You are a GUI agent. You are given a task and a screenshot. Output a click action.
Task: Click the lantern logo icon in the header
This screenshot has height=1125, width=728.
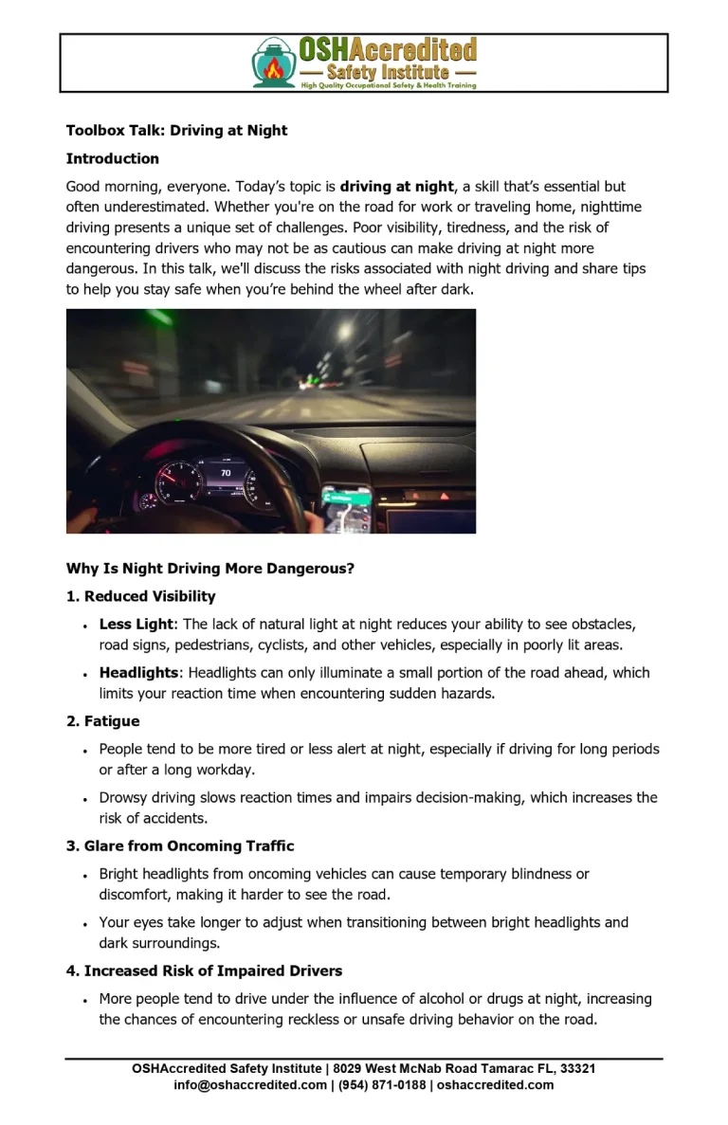tap(274, 63)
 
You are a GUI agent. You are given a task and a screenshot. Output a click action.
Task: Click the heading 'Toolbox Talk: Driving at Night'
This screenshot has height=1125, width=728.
tap(176, 130)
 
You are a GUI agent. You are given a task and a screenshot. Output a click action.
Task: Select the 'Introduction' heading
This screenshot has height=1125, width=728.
tap(113, 158)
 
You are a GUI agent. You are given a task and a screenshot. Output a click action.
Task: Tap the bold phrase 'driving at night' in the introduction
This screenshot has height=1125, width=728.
tap(397, 187)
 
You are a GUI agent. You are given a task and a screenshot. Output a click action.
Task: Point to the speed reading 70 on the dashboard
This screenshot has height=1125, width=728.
tap(225, 472)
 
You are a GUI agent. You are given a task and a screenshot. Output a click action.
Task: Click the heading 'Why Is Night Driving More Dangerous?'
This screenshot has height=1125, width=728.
tap(209, 569)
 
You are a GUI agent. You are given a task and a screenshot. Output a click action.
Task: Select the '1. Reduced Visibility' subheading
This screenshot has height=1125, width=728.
tap(140, 596)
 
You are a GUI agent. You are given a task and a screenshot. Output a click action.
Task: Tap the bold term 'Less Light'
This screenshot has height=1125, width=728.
tap(136, 625)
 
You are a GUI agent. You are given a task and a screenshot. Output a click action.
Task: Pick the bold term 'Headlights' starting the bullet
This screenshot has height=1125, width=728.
tap(138, 673)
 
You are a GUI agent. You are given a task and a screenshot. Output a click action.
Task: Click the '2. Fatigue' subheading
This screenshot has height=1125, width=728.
tap(102, 721)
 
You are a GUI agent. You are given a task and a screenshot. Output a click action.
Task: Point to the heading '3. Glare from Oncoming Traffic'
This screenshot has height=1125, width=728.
tap(180, 846)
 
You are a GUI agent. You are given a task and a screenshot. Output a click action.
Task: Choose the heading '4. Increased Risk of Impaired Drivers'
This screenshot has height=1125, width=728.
tap(204, 971)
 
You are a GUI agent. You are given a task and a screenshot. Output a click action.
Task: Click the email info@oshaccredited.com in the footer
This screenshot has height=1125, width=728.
tap(250, 1085)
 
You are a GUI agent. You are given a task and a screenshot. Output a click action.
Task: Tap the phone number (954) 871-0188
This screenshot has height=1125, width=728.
tap(381, 1085)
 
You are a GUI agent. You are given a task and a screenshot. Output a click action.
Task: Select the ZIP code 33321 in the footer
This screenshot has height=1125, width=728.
tap(577, 1069)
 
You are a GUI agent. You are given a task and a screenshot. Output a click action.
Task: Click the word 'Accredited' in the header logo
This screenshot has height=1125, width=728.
tap(418, 50)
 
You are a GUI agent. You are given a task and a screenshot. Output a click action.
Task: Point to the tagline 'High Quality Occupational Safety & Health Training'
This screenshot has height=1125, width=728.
tap(389, 85)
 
